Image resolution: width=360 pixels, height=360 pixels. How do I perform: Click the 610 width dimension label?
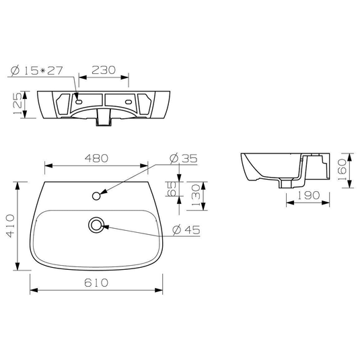click(x=96, y=283)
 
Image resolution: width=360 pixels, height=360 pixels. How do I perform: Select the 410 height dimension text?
click(x=10, y=226)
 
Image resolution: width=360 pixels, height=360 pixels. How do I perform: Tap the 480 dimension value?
click(x=96, y=158)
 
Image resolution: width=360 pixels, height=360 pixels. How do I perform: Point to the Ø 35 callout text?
click(x=183, y=158)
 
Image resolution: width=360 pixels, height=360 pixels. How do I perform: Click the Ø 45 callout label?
click(x=186, y=229)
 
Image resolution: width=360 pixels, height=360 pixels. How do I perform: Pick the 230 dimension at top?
click(x=104, y=70)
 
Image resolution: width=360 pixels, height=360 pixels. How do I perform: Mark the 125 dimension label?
click(x=18, y=104)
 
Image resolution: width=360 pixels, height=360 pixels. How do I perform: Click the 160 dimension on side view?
click(x=342, y=170)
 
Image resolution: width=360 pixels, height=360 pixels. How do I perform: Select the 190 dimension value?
click(x=309, y=195)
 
